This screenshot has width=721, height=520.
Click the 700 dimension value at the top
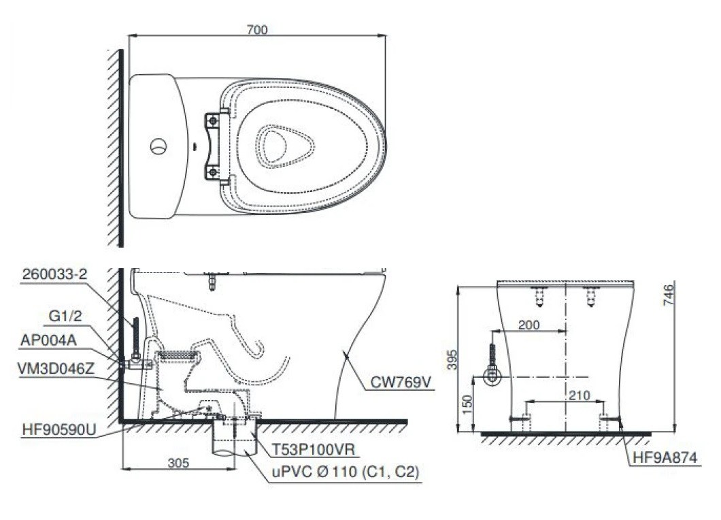coord(258,29)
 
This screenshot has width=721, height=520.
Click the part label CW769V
coord(401,383)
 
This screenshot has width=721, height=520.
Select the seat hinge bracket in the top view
coord(214,146)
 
